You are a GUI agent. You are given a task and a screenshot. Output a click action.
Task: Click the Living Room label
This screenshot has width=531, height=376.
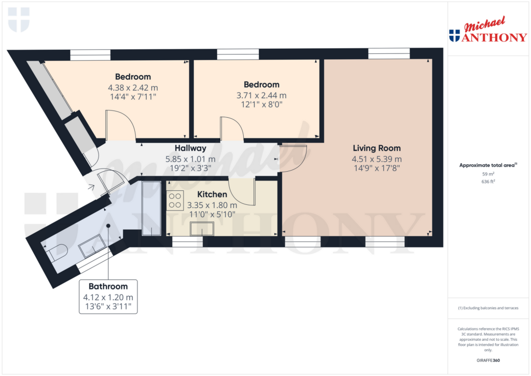click(376, 148)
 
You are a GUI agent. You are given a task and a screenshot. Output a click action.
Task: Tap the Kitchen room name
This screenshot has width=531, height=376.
click(212, 194)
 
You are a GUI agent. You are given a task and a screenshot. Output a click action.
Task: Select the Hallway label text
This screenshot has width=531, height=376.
click(190, 148)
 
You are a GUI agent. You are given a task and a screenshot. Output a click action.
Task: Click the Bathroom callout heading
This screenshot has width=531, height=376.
click(108, 287)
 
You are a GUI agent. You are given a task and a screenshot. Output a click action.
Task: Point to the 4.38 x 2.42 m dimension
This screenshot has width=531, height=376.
click(133, 88)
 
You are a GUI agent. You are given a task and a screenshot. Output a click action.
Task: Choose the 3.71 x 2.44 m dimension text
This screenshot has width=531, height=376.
click(261, 95)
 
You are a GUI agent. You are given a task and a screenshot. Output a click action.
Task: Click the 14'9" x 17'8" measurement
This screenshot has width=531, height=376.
click(376, 168)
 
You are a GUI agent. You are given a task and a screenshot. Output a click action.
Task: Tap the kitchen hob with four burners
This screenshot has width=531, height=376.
click(175, 201)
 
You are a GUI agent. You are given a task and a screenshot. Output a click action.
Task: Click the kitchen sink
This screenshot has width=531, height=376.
click(202, 228)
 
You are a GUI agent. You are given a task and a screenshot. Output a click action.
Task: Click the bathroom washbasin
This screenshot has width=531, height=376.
click(92, 246)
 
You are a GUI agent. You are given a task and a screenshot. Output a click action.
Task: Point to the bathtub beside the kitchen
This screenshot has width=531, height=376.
click(151, 208)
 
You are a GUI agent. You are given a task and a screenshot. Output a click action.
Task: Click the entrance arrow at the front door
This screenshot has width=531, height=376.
click(91, 187)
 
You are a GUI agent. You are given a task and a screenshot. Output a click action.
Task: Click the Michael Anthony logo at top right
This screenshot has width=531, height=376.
click(488, 30)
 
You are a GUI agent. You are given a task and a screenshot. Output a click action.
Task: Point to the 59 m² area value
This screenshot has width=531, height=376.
click(488, 174)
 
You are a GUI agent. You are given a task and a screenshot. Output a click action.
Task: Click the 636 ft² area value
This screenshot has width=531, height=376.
click(488, 182)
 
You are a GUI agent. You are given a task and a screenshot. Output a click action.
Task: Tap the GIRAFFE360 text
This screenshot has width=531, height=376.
click(488, 360)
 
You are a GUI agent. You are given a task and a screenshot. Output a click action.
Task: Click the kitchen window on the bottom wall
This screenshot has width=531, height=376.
click(187, 241)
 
